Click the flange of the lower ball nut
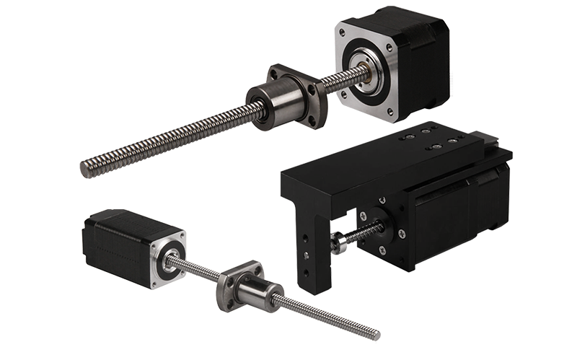[233, 285]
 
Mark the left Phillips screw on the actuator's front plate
[364, 215]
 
